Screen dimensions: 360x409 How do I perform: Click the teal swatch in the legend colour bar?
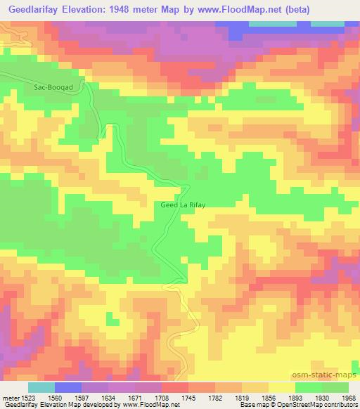41,387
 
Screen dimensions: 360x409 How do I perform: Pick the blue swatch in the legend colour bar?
68,387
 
